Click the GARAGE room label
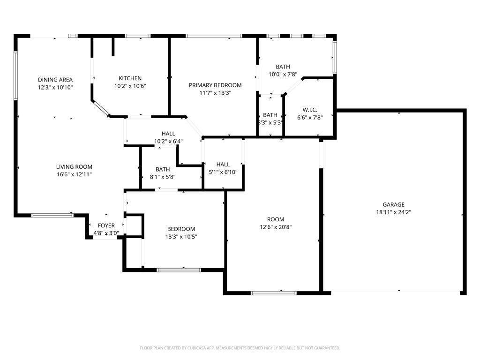coord(393,204)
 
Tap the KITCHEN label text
coord(130,78)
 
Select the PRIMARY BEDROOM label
coord(215,85)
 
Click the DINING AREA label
coord(55,80)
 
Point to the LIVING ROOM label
coord(74,167)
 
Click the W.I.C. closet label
coord(310,110)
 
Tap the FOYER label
coord(106,225)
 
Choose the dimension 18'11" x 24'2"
coord(393,212)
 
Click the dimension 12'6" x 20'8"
coord(276,227)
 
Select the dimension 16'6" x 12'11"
coord(74,174)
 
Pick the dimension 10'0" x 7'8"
coord(283,74)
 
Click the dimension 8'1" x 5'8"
coord(163,177)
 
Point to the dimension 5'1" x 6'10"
coord(223,172)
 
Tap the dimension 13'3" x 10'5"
coord(181,237)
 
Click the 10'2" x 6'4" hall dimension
coord(168,141)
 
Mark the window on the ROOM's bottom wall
coord(273,293)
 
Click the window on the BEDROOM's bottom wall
coord(179,270)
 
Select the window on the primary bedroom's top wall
coord(214,36)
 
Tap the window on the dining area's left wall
coord(15,75)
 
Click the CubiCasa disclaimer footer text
coord(240,348)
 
